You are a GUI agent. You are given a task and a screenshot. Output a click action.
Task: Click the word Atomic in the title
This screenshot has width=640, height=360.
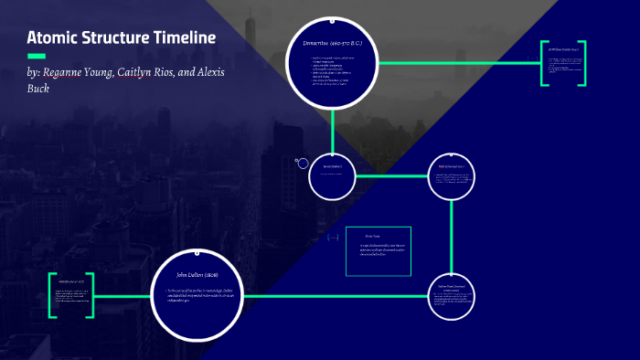pyautogui.click(x=52, y=38)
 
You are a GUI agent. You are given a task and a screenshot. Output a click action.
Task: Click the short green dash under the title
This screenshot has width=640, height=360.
pyautogui.click(x=37, y=57)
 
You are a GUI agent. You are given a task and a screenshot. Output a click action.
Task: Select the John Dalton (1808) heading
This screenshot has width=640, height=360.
pyautogui.click(x=197, y=274)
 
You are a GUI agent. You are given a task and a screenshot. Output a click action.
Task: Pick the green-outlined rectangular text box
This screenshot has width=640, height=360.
pyautogui.click(x=379, y=251)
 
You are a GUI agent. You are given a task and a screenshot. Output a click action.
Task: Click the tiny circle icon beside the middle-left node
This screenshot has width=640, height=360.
pyautogui.click(x=303, y=163)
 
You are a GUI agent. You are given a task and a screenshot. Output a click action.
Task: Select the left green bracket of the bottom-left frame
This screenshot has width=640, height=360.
pyautogui.click(x=52, y=295)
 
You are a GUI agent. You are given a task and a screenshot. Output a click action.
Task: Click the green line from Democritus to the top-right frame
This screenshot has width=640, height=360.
pyautogui.click(x=457, y=63)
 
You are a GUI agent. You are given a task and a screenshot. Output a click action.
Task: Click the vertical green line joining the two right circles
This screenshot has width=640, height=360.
pyautogui.click(x=453, y=238)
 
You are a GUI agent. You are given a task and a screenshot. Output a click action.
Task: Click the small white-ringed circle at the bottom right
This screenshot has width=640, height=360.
pyautogui.click(x=453, y=295)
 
